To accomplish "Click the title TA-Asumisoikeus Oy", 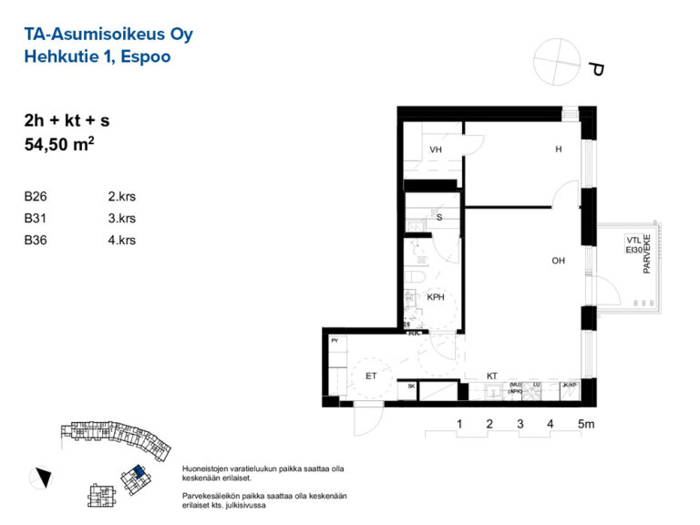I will [x=108, y=35].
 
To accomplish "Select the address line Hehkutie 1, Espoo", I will [x=98, y=57].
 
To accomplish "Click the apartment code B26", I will [x=36, y=196].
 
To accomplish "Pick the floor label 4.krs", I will [x=121, y=240].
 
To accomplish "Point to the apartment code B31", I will [x=36, y=218].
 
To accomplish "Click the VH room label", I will [x=436, y=150].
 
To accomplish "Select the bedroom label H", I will [x=558, y=150].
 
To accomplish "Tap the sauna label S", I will [x=439, y=218].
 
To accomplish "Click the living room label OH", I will [x=558, y=262].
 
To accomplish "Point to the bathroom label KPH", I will [x=437, y=297].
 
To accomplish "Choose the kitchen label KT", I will [x=491, y=375].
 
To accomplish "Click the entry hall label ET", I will [x=372, y=375].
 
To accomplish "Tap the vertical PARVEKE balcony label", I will [x=647, y=252].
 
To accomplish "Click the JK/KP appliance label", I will [x=570, y=386].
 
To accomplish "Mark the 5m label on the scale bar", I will [x=586, y=424].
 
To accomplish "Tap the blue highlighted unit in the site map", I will [x=137, y=471].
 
